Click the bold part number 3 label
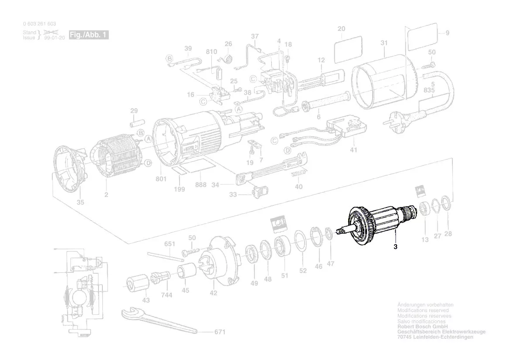click(395, 247)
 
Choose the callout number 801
click(161, 178)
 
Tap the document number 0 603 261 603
click(39, 24)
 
